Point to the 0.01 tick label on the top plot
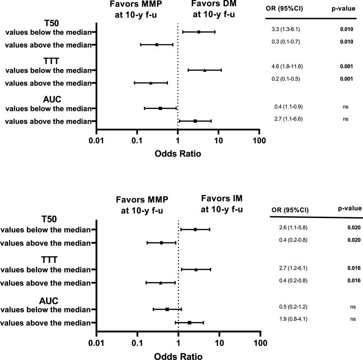[x=97, y=141]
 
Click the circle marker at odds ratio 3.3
[x=199, y=32]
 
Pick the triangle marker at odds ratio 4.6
[x=205, y=70]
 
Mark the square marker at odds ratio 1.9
[x=189, y=322]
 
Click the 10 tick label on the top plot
[x=218, y=141]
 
